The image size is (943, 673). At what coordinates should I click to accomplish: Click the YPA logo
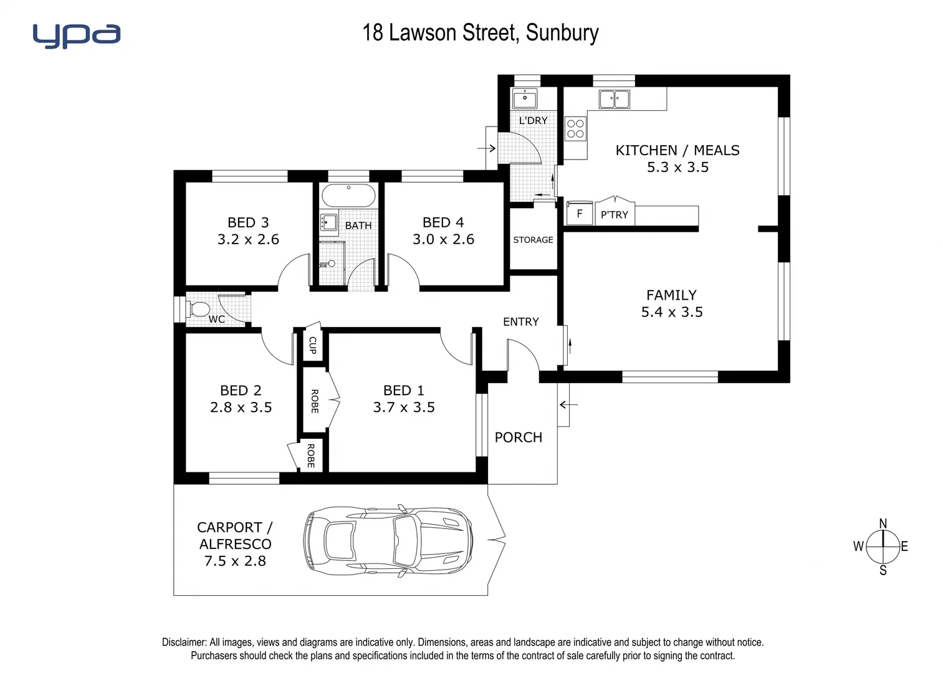76,36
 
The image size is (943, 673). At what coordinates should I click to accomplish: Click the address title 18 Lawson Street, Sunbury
480,32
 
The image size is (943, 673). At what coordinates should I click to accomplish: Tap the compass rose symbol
883,547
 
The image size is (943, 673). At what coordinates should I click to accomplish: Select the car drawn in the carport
388,540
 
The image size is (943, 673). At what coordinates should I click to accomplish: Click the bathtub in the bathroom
348,196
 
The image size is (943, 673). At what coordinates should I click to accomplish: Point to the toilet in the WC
199,309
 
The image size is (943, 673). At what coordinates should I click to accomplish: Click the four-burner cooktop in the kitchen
575,129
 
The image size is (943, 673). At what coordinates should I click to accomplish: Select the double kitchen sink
614,98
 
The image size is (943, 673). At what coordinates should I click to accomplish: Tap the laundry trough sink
525,98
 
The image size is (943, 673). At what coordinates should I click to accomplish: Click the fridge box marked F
579,214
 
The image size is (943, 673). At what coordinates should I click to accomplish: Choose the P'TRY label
615,215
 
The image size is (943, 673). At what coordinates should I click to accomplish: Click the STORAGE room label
533,240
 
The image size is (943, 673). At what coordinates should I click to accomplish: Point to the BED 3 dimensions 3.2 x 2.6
248,239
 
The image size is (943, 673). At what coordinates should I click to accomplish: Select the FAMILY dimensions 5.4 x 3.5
671,312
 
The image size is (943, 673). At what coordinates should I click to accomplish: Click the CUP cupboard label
312,345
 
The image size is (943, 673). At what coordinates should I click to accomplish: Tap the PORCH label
518,437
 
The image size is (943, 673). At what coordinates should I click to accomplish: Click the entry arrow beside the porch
568,405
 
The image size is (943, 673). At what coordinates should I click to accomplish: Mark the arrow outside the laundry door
486,148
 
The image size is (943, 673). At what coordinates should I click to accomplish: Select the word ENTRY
520,322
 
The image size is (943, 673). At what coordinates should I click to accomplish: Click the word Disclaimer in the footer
184,642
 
